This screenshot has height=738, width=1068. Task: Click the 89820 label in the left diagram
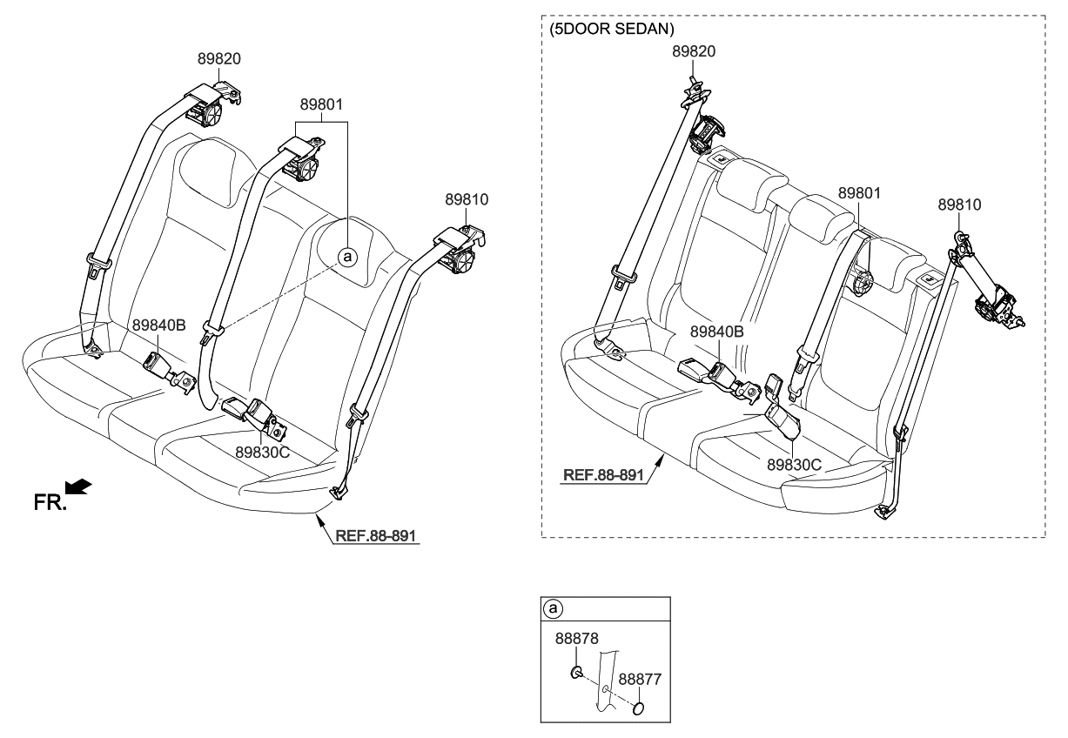(218, 59)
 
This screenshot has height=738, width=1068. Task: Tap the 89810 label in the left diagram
(467, 199)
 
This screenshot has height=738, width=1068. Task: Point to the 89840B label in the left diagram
(159, 325)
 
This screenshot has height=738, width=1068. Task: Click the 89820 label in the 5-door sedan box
(693, 51)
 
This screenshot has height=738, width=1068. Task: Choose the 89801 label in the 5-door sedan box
(859, 191)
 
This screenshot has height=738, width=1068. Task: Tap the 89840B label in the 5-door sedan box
(717, 332)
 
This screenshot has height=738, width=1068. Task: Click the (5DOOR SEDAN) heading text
(612, 29)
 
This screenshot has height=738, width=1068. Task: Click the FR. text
(50, 502)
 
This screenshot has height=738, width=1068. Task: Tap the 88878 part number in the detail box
(576, 639)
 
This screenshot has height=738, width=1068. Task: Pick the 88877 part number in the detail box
(640, 678)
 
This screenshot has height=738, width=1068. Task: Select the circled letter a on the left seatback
(346, 257)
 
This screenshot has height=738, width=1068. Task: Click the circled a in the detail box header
(552, 607)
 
